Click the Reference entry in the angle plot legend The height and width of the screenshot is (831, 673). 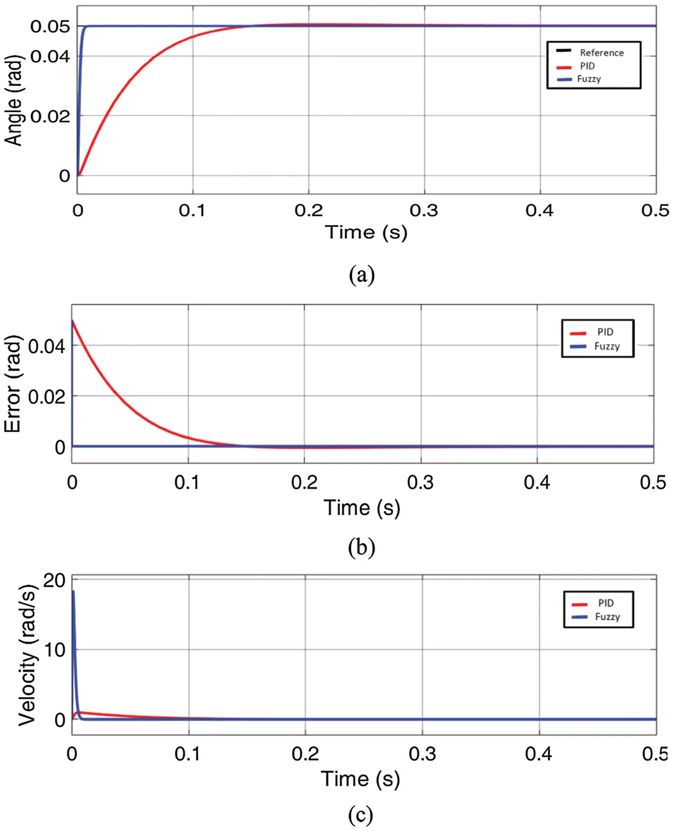click(x=601, y=52)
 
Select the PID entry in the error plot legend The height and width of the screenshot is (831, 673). click(x=605, y=332)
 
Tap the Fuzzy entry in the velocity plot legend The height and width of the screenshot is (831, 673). click(x=607, y=617)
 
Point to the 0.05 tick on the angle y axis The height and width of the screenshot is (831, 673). click(x=50, y=26)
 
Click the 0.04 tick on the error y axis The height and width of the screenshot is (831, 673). click(x=46, y=346)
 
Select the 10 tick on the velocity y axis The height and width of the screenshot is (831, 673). click(x=54, y=650)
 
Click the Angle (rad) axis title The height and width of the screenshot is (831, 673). click(x=14, y=100)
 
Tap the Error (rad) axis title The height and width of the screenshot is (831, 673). click(x=13, y=384)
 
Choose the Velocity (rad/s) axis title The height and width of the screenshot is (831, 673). click(x=27, y=655)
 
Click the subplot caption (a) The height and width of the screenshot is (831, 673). click(x=362, y=275)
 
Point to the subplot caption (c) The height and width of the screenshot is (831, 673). click(x=361, y=814)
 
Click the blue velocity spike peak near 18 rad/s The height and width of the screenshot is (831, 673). click(x=73, y=592)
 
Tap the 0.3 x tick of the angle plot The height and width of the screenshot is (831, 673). click(x=424, y=210)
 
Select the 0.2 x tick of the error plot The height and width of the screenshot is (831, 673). click(x=304, y=483)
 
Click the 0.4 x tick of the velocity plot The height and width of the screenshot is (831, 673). click(x=538, y=754)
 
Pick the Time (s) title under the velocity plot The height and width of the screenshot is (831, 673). click(x=360, y=779)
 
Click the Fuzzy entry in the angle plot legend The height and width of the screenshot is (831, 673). click(x=588, y=79)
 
